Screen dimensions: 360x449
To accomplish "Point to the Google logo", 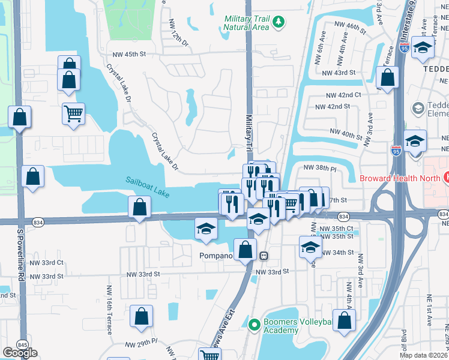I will (20, 353).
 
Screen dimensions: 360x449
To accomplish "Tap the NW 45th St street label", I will (127, 54).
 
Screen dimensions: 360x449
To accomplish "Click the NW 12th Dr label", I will (179, 33).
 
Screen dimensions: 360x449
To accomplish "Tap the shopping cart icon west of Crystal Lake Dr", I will (73, 112).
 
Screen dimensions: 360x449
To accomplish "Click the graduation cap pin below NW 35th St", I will (310, 247).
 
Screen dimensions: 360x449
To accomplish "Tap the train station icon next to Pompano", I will (263, 256).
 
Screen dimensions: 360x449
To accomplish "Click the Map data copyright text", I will (424, 355).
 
